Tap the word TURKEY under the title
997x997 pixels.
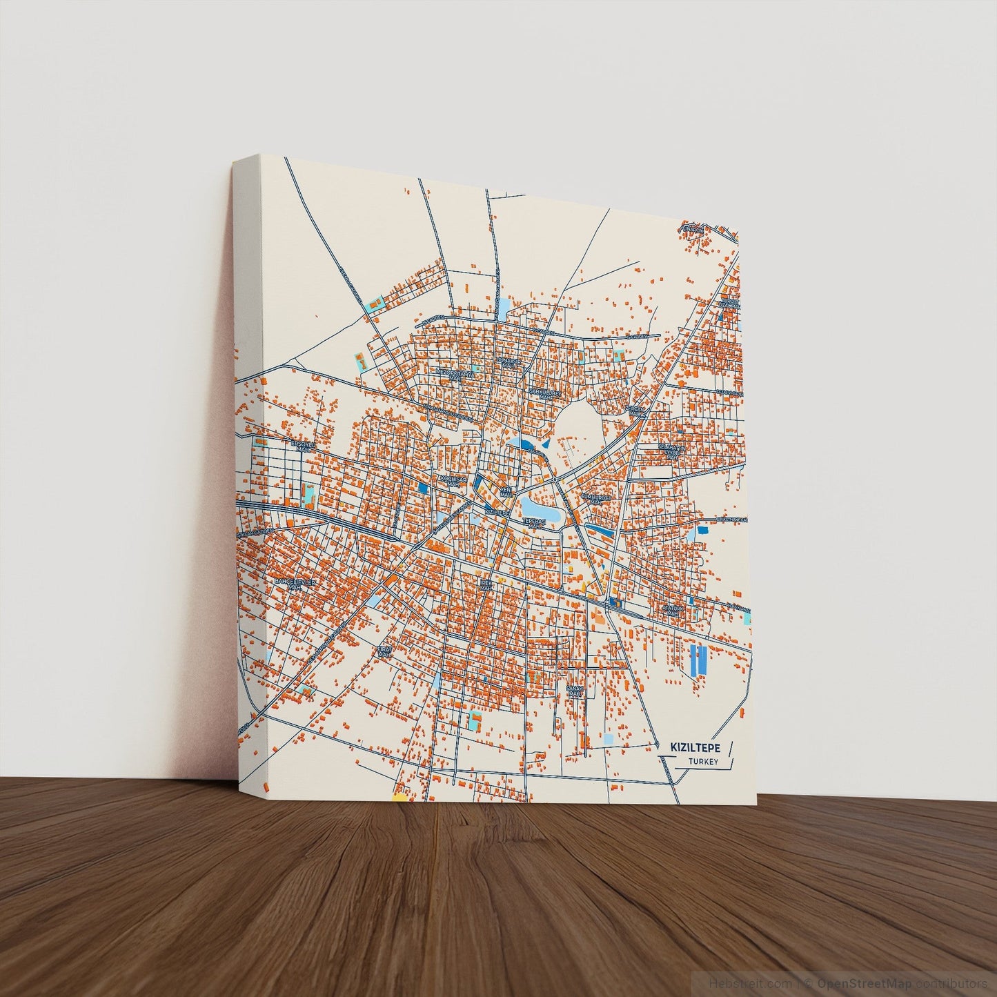point(703,762)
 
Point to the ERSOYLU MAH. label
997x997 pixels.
point(302,446)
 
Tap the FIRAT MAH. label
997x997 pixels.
point(384,651)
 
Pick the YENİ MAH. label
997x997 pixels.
point(506,492)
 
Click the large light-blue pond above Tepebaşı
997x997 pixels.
point(536,507)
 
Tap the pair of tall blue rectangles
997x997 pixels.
point(699,660)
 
